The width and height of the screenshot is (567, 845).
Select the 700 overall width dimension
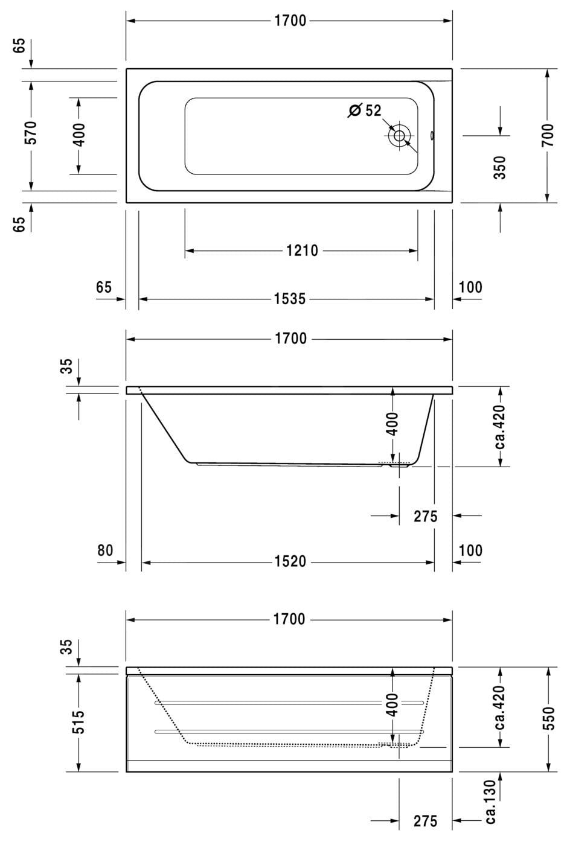coord(547,136)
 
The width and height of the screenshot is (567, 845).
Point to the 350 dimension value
coord(500,167)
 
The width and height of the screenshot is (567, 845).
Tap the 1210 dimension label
coord(302,250)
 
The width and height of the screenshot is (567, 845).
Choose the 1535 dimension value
coord(290,299)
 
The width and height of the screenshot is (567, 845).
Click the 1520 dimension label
coord(290,562)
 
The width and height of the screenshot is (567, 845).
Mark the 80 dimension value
coord(104,550)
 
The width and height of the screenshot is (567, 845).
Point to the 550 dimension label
coord(547,718)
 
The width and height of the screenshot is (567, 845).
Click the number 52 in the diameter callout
coord(373,111)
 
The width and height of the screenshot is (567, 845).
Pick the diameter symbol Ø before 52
coord(355,111)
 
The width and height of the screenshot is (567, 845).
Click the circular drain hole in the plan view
coord(399,135)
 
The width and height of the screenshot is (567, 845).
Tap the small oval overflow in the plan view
coord(432,136)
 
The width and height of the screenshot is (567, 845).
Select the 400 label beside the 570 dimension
coord(78,135)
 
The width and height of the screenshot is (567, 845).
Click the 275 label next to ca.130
coord(425,821)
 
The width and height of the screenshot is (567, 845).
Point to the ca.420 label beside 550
coord(500,707)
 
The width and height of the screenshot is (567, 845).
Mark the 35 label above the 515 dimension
coord(66,646)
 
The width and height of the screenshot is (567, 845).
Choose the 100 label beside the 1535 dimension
coord(470,287)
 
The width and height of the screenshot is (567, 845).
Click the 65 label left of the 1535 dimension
coord(104,287)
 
